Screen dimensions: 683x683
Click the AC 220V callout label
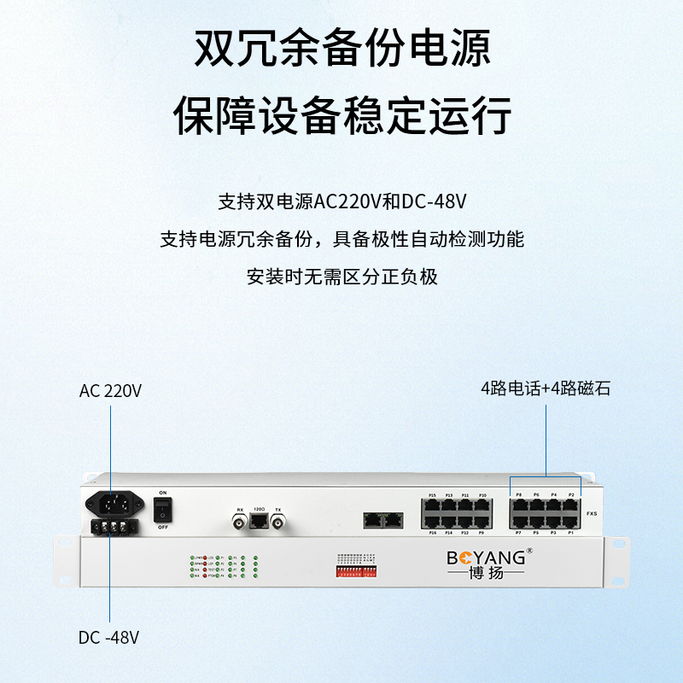(x=110, y=391)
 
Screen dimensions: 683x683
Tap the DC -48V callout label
(x=108, y=638)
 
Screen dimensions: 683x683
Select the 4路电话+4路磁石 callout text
(x=546, y=388)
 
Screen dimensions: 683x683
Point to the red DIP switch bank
(x=358, y=569)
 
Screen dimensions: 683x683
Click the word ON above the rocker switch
(x=161, y=493)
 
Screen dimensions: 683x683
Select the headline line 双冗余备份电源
(x=341, y=49)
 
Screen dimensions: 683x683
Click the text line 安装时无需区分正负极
(x=341, y=277)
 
